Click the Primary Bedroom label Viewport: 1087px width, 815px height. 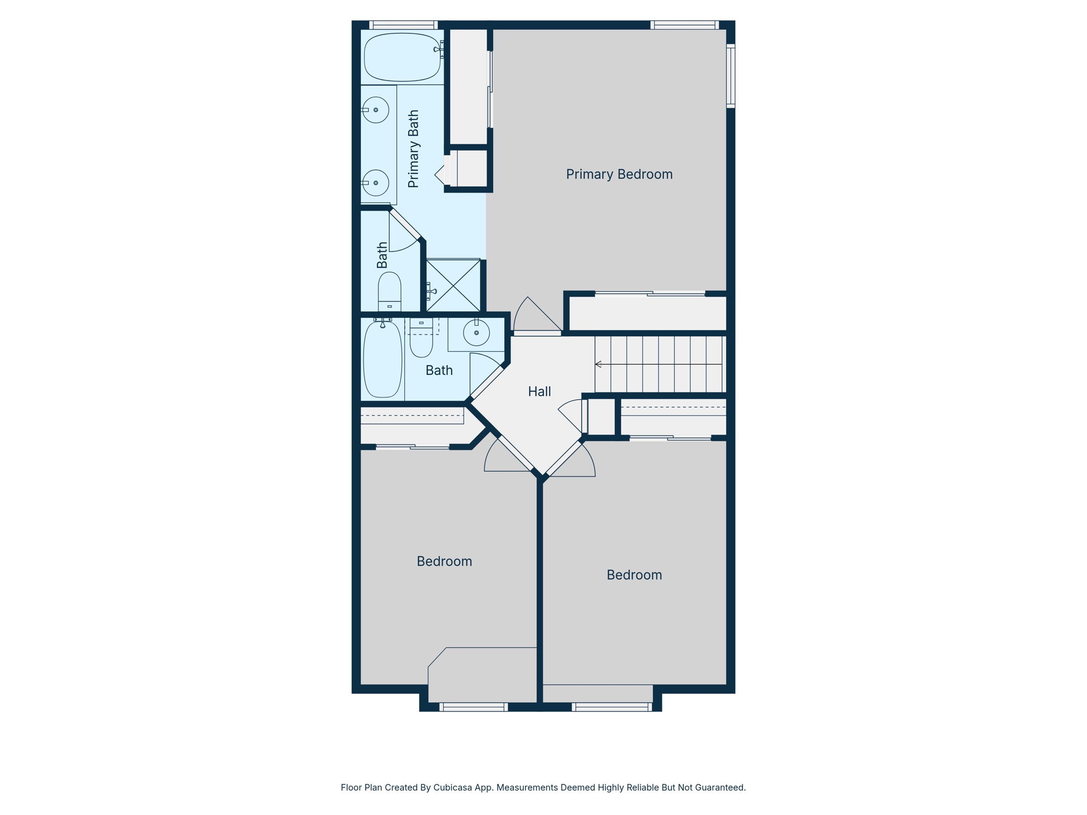click(619, 175)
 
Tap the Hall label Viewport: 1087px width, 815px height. click(539, 392)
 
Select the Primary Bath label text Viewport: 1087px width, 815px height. click(413, 149)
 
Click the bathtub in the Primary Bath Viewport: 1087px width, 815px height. click(402, 57)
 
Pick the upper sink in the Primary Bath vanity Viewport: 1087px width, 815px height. click(376, 110)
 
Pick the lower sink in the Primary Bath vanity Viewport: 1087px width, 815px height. click(376, 183)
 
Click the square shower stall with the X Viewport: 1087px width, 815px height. click(453, 285)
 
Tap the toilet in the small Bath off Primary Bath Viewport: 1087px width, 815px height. click(390, 292)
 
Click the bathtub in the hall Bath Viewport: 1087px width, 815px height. click(383, 359)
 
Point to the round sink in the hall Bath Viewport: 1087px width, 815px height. click(476, 333)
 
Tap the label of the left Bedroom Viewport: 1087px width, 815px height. click(444, 561)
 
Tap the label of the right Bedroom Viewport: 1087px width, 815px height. click(634, 575)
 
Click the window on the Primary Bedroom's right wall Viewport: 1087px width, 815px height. click(731, 76)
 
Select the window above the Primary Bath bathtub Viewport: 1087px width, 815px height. click(403, 25)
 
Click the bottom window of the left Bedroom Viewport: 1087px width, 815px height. click(473, 707)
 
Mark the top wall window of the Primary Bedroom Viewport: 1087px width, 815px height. click(685, 25)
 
